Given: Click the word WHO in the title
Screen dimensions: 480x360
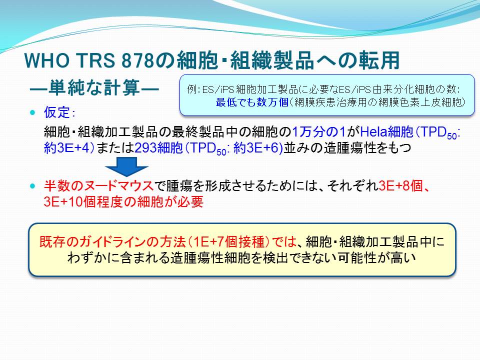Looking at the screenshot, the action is [46, 60].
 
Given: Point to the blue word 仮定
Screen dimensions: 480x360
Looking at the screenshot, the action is [57, 112].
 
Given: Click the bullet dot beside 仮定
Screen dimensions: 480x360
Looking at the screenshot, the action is [33, 112].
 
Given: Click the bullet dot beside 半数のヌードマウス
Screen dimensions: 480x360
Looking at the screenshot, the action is [33, 186].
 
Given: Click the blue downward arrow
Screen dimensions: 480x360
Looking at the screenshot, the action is [126, 167].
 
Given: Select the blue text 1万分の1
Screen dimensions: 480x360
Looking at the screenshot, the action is [318, 132].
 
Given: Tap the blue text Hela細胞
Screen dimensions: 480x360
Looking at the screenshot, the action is [386, 132].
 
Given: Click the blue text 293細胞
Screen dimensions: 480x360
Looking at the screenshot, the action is [158, 148].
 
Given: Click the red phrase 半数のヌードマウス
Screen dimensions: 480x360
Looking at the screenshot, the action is [98, 186].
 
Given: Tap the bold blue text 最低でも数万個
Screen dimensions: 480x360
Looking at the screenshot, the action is [252, 102].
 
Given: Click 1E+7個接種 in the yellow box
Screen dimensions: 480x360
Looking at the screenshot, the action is [229, 242].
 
